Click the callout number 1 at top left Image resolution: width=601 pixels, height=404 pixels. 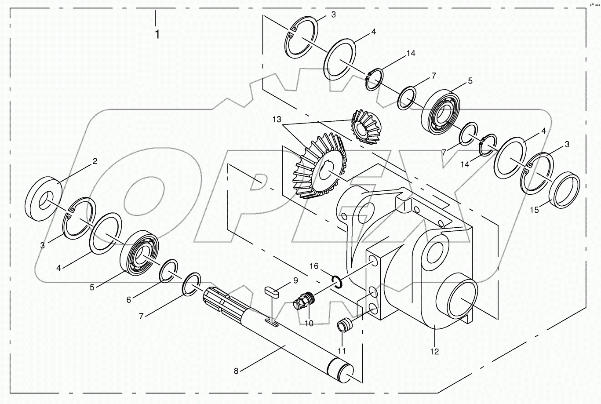tap(157, 35)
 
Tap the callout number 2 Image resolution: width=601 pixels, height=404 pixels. tap(95, 161)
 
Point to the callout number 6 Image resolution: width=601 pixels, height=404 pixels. tap(129, 299)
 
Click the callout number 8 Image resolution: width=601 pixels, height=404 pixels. tap(236, 371)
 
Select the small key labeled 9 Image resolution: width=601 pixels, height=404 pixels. tap(272, 292)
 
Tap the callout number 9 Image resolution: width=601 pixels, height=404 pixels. tap(295, 280)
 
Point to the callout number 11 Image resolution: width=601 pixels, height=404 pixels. tap(342, 350)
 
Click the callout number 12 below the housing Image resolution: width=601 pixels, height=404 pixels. tap(435, 351)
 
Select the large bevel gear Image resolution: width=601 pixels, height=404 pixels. tap(318, 166)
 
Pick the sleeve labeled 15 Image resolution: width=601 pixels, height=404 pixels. tap(565, 190)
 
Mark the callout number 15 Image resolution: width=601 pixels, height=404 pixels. tap(534, 210)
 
